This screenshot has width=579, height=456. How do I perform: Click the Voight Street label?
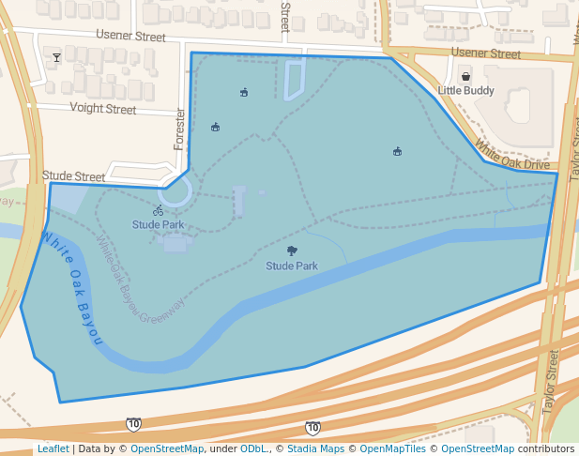click(103, 109)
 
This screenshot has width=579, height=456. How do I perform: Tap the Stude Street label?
click(73, 175)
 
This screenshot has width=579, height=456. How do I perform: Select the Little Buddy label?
click(465, 91)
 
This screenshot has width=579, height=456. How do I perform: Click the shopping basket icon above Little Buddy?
click(465, 76)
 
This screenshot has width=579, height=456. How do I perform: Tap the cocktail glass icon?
click(56, 58)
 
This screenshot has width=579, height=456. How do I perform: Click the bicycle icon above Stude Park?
click(158, 210)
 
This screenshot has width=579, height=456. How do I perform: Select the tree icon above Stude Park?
click(292, 251)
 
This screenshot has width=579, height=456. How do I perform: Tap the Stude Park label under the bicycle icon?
click(158, 225)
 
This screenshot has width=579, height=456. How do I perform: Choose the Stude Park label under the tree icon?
click(292, 266)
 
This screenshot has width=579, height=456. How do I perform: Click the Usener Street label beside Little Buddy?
click(485, 53)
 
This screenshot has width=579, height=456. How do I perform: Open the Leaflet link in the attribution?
click(53, 448)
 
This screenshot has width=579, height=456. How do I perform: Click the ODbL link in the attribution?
click(252, 448)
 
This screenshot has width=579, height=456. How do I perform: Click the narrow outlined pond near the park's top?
click(294, 80)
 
